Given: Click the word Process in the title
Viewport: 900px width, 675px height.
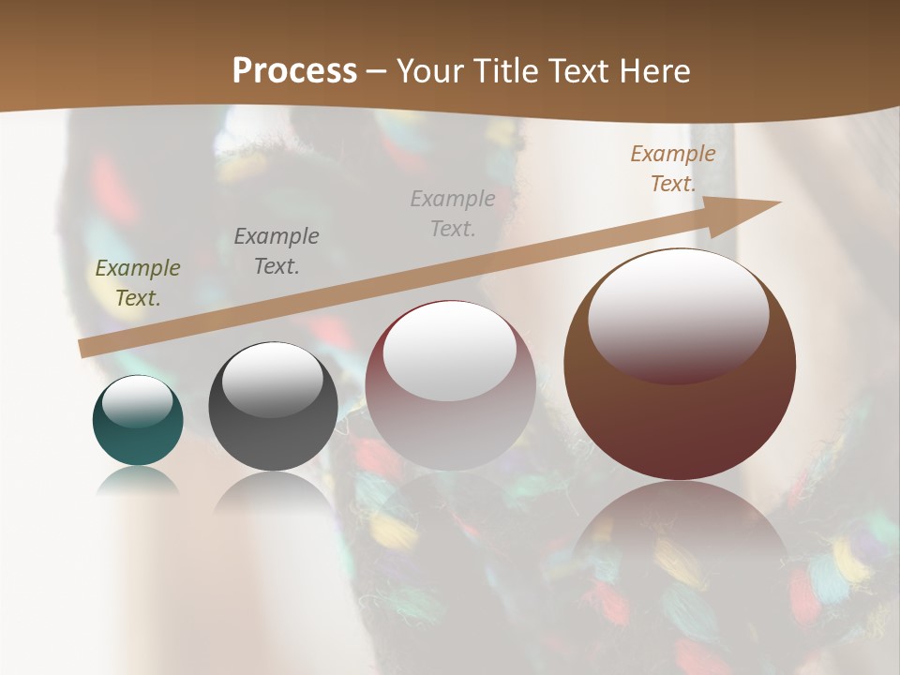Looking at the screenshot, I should (x=294, y=71).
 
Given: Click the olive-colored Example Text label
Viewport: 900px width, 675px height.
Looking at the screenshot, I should (x=138, y=282).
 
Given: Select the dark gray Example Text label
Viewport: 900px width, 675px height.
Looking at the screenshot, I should (x=277, y=250).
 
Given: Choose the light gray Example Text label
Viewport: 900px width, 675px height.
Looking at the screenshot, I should (x=453, y=213).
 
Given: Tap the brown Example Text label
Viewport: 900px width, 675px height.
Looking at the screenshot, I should (x=673, y=169).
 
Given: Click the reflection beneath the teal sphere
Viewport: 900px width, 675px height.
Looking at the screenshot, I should (x=138, y=481).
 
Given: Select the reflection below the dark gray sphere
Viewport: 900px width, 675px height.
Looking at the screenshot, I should (x=272, y=492).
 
